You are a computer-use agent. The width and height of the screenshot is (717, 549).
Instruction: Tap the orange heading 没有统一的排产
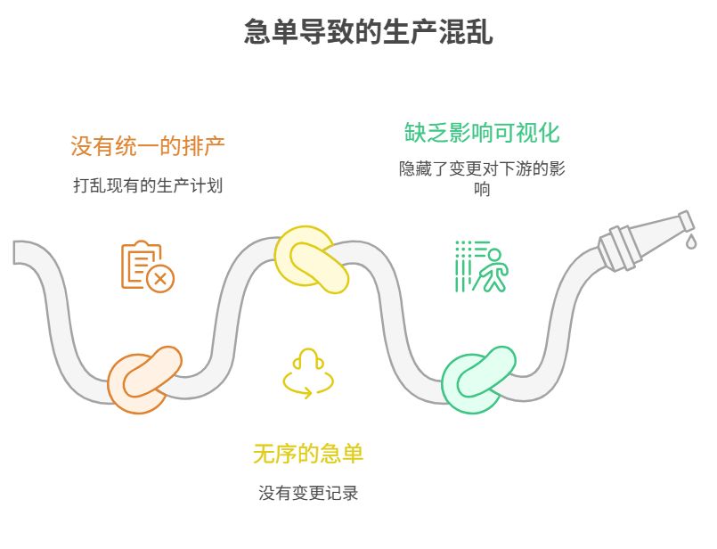[x=147, y=145]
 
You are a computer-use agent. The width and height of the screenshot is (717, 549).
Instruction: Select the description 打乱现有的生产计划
[x=147, y=186]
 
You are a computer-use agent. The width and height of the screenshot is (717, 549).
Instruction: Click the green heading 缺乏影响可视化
[x=482, y=133]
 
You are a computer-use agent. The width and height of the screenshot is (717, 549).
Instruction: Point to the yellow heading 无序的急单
[x=308, y=454]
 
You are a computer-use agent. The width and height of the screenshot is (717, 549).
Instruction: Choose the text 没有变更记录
[x=308, y=493]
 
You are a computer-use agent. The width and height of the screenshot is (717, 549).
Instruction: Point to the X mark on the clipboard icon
[x=160, y=279]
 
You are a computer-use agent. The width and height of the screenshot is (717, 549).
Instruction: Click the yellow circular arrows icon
[x=308, y=373]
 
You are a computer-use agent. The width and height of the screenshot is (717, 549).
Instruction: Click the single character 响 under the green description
[x=482, y=189]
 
